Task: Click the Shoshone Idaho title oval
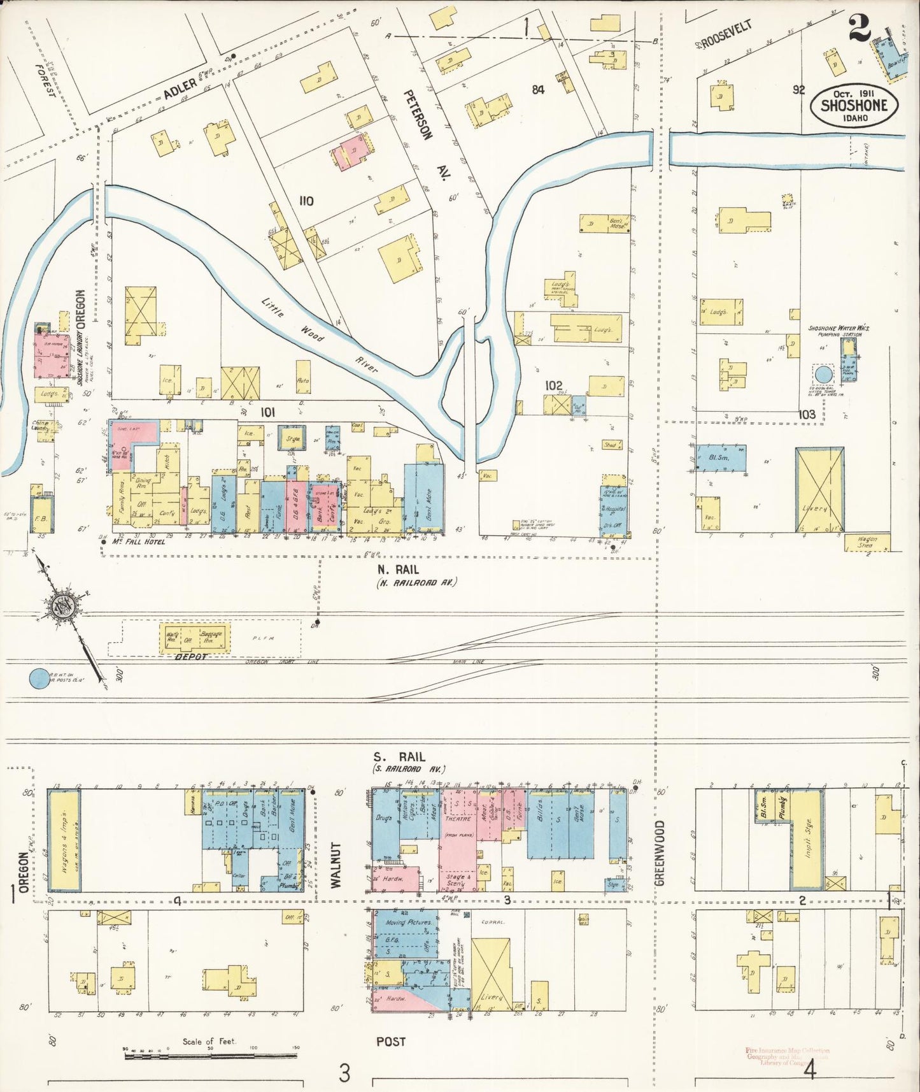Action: tap(854, 106)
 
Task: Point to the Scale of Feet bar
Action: tap(210, 1055)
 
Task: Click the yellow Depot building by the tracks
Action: tap(194, 638)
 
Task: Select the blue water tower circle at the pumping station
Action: tap(823, 374)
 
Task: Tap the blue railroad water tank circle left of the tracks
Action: tap(39, 678)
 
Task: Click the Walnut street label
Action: tap(336, 865)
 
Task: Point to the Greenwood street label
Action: tap(659, 852)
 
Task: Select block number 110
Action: tap(306, 201)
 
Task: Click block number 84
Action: tap(538, 90)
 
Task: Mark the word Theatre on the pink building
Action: tap(458, 819)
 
